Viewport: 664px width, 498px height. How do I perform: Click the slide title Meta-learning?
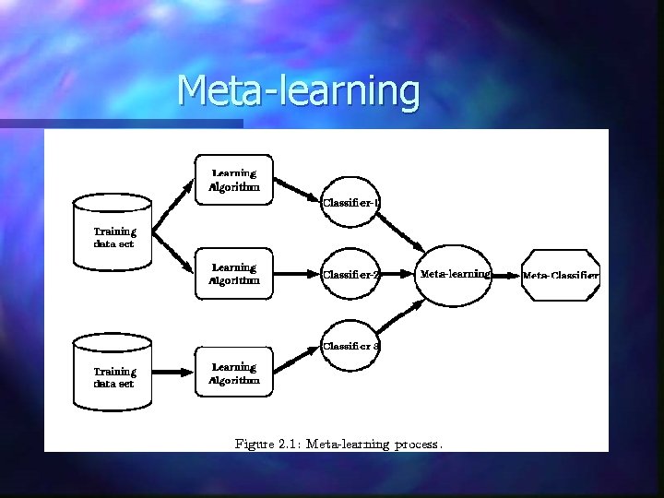click(x=297, y=90)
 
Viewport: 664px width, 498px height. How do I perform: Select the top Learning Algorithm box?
click(x=234, y=179)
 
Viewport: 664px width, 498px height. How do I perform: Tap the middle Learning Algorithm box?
click(x=234, y=274)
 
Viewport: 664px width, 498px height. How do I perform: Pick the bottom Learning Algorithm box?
click(x=234, y=373)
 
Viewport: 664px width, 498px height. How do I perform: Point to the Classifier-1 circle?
click(x=350, y=203)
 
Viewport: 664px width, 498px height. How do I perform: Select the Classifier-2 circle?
click(x=350, y=274)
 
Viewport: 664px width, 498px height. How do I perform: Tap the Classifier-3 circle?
click(x=350, y=346)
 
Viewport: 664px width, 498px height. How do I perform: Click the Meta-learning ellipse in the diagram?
click(x=454, y=274)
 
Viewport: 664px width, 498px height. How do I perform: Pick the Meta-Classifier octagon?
click(x=561, y=275)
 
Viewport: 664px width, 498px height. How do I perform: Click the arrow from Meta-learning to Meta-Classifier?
click(x=506, y=275)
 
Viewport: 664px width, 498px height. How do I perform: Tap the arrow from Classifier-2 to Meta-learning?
click(x=397, y=275)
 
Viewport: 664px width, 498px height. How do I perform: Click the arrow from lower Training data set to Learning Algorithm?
click(x=172, y=373)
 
